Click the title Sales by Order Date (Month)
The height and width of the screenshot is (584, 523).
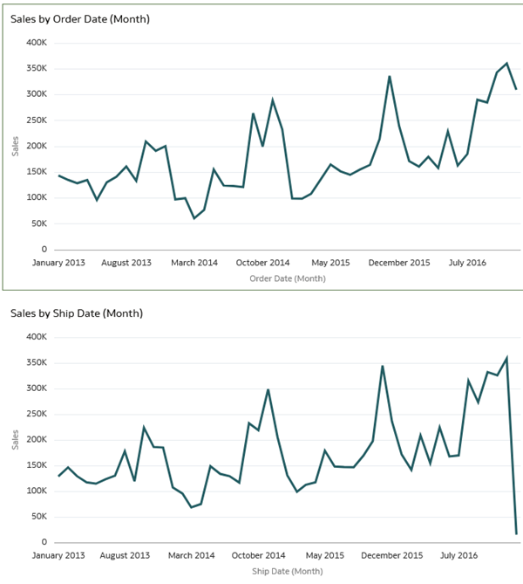pos(80,19)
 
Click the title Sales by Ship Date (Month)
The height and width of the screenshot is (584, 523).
pos(77,313)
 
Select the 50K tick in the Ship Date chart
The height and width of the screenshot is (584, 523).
pos(37,517)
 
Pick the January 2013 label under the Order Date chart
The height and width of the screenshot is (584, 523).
pos(59,262)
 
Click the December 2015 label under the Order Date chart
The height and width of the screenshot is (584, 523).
pos(399,262)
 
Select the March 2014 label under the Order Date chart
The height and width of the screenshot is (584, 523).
pos(194,262)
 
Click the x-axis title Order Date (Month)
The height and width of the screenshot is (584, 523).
pos(287,278)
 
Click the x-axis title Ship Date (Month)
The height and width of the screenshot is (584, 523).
pos(287,571)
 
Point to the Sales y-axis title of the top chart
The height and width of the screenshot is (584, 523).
pos(16,146)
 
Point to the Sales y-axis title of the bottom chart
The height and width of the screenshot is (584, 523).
pos(16,439)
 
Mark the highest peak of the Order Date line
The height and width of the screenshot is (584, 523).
pos(506,63)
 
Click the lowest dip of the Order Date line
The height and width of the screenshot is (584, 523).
pos(194,218)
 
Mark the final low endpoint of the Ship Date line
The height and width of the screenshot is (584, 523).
pos(516,533)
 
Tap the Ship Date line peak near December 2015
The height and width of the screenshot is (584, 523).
pos(383,366)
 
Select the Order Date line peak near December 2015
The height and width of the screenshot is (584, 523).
pos(390,76)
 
